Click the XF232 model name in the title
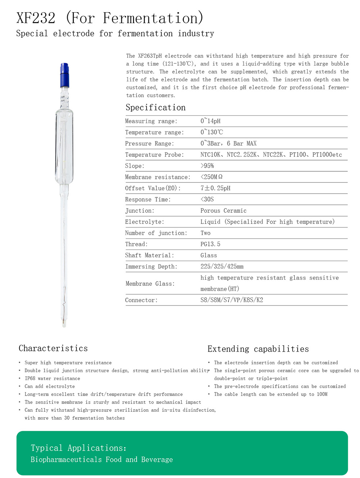pos(36,18)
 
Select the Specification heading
pos(156,107)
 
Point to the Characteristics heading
pos(53,348)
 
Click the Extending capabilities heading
pos(258,349)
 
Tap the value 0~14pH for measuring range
pos(211,121)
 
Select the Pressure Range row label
pos(149,143)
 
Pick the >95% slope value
pos(207,166)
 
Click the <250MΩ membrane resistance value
pos(211,177)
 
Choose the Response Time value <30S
pos(207,199)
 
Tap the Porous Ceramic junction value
pos(223,211)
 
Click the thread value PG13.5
pos(210,244)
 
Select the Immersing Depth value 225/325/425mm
pos(222,266)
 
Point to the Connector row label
pos(141,300)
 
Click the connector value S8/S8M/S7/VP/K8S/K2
pos(231,300)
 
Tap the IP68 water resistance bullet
pos(52,378)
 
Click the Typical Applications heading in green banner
pos(78,448)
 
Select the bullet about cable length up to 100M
pos(271,394)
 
